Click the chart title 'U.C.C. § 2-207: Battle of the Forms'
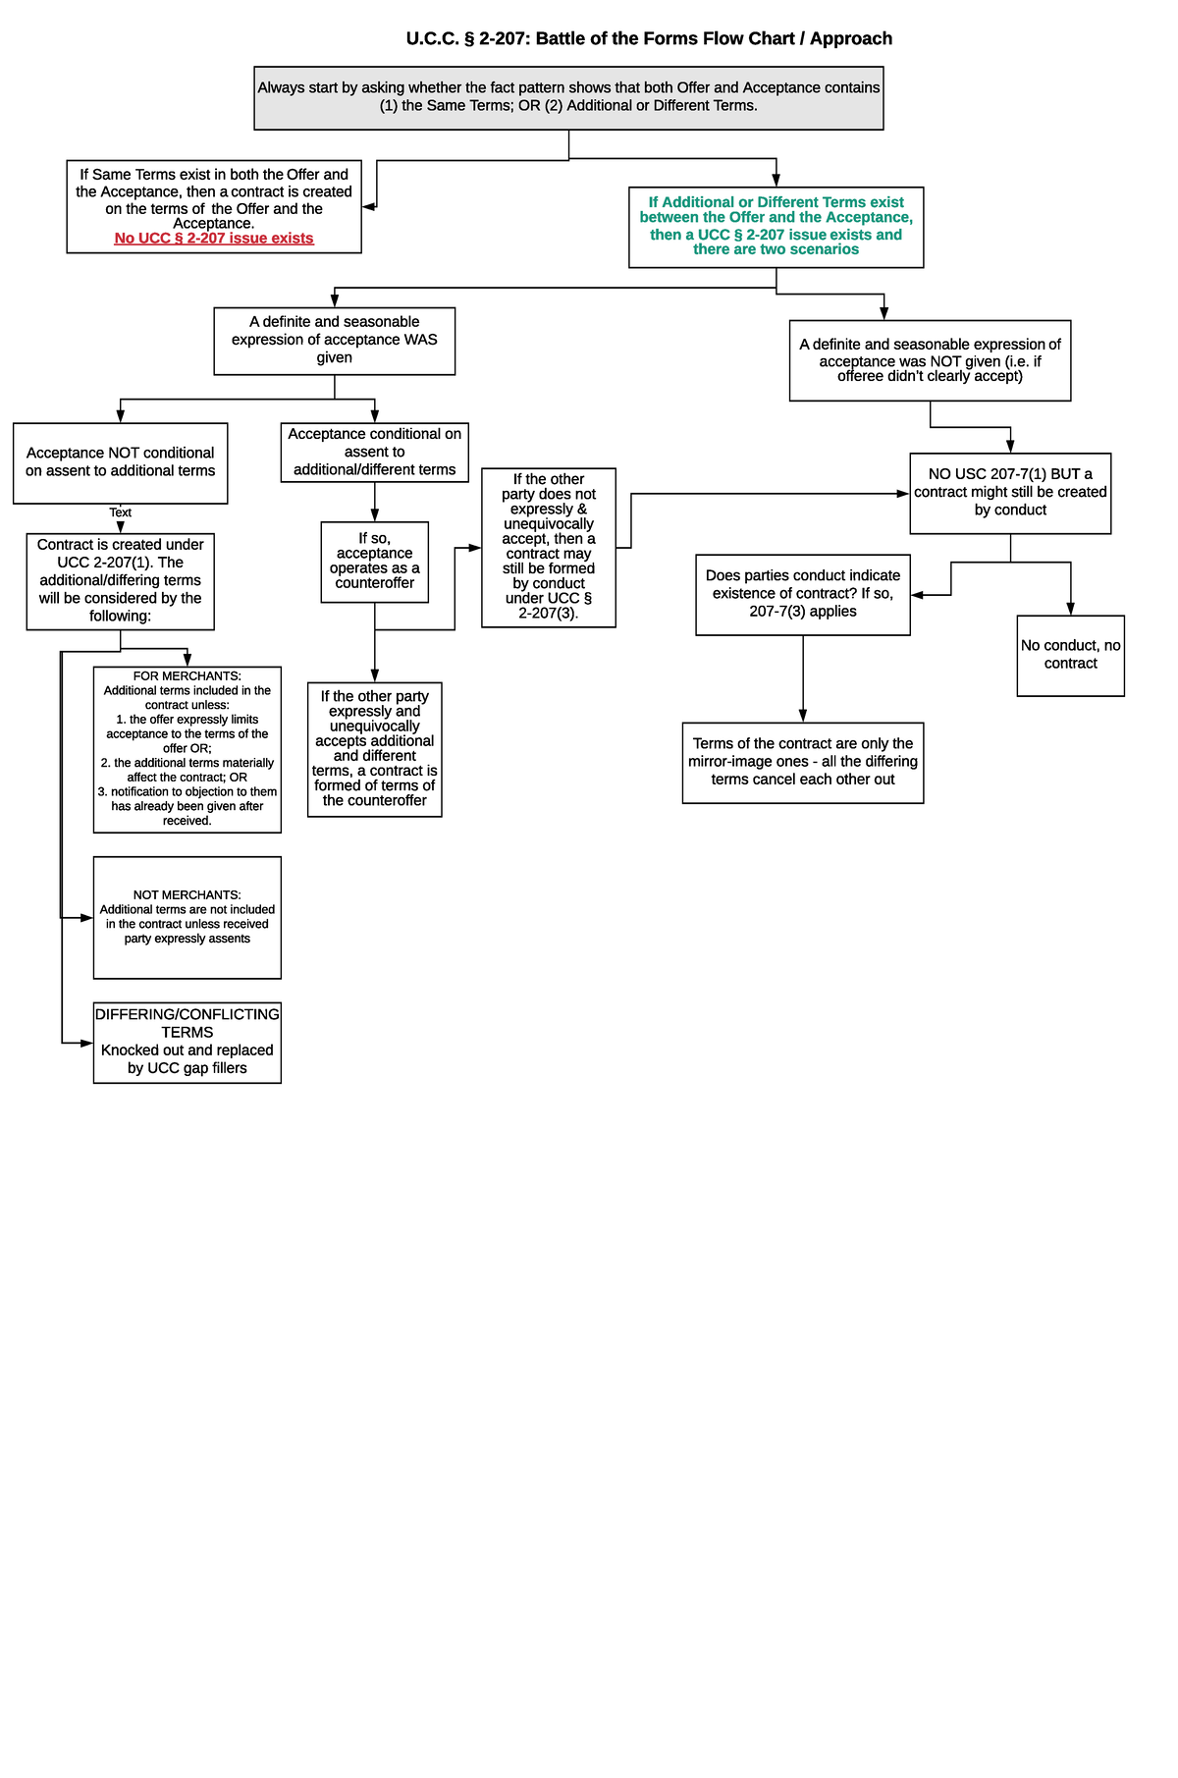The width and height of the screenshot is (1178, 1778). pos(649,39)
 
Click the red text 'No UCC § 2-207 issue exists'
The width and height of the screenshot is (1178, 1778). pos(214,239)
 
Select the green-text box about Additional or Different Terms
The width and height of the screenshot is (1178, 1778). pos(776,227)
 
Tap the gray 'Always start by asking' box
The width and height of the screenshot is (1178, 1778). pos(568,98)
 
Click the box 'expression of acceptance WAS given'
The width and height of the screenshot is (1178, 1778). pos(334,341)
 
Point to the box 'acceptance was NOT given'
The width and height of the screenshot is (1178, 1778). pos(930,360)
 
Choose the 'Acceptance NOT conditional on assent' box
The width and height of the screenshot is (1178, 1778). pos(120,462)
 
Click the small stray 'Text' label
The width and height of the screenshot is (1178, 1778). pos(120,512)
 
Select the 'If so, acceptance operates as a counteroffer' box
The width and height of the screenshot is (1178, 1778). pos(374,562)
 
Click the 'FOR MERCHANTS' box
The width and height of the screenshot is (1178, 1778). pos(187,749)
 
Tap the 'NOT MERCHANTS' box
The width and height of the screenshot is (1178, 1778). pos(187,917)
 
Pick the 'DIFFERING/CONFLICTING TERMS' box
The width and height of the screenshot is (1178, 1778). pos(187,1042)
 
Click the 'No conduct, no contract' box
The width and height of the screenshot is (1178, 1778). pos(1070,655)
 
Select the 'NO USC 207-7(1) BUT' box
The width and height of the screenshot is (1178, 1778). pos(1010,493)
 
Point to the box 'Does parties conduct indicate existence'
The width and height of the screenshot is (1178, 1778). pos(802,594)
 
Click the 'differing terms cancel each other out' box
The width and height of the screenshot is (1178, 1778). pos(802,762)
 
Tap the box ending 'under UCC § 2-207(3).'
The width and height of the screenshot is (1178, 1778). pos(548,548)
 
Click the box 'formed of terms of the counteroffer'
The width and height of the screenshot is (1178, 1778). pos(374,749)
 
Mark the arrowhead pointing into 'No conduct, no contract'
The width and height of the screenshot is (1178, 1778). pos(1070,609)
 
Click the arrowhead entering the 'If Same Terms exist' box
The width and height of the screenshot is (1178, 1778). pos(369,207)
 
